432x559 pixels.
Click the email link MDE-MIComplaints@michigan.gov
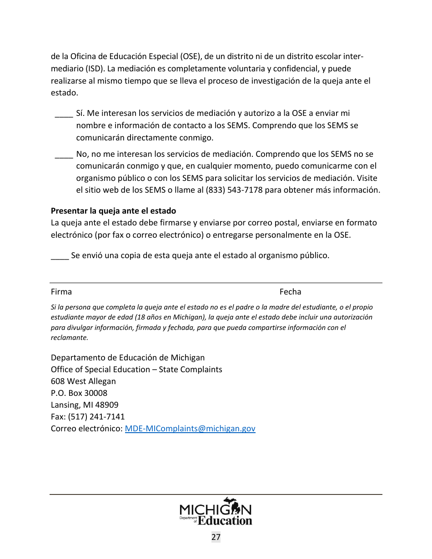190,429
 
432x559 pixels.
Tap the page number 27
216,537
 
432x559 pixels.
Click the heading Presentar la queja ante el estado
113,211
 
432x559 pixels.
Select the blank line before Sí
64,114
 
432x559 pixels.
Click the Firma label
61,292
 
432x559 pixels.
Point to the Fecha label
290,292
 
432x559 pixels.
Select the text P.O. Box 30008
79,393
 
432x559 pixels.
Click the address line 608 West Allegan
83,381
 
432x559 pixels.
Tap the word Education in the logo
225,520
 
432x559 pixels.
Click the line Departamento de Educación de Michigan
128,358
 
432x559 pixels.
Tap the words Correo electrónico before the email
86,429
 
